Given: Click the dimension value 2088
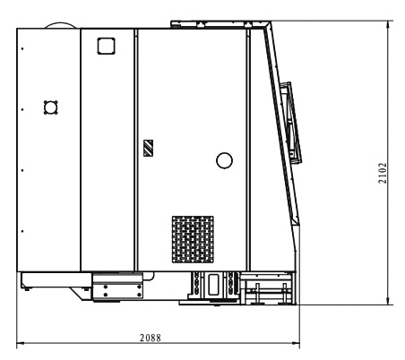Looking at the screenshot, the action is point(151,338).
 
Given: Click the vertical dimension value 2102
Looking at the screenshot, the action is point(383,173).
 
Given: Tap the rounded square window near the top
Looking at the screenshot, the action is point(107,46).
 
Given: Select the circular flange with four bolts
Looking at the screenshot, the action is point(51,107).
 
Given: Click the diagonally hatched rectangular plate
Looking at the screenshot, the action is point(149,148).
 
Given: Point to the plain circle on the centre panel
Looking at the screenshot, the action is point(224,160).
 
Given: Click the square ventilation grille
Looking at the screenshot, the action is point(193,239).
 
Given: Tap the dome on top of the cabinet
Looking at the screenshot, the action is point(62,25).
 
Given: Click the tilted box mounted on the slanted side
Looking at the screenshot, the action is point(291,123).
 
